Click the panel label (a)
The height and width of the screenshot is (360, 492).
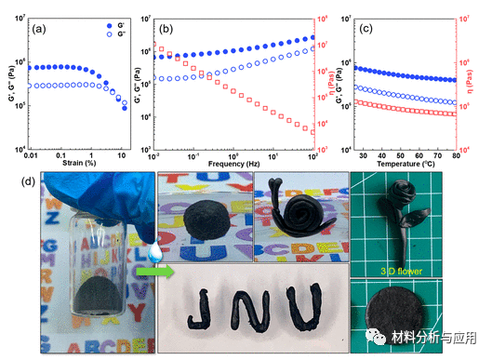(39, 28)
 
